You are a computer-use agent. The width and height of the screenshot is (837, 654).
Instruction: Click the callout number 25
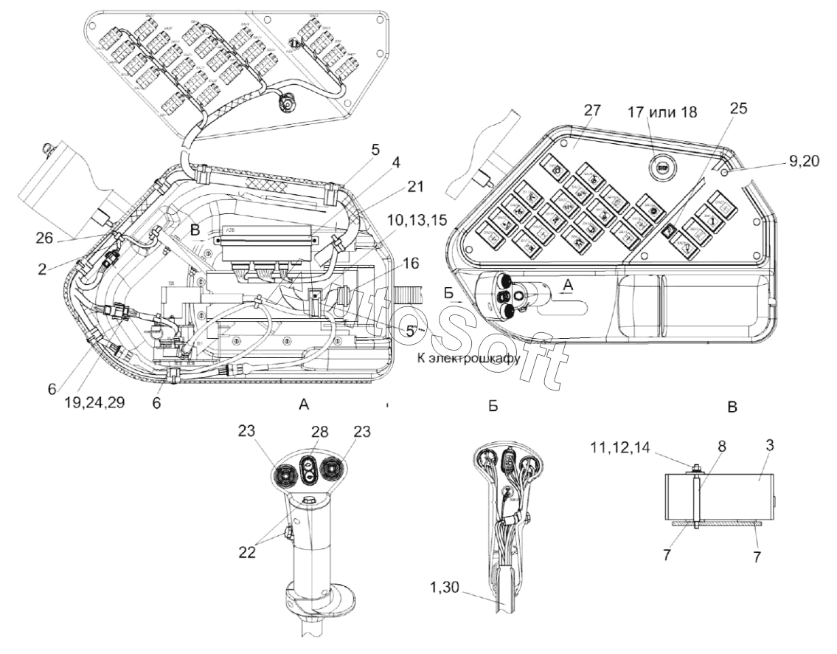[x=738, y=108]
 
